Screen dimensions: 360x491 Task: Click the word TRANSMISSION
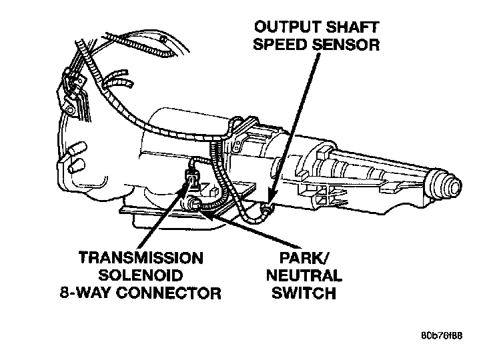tap(141, 258)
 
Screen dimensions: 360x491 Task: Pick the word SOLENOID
tap(141, 275)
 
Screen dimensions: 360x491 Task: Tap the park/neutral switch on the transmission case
tap(193, 204)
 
